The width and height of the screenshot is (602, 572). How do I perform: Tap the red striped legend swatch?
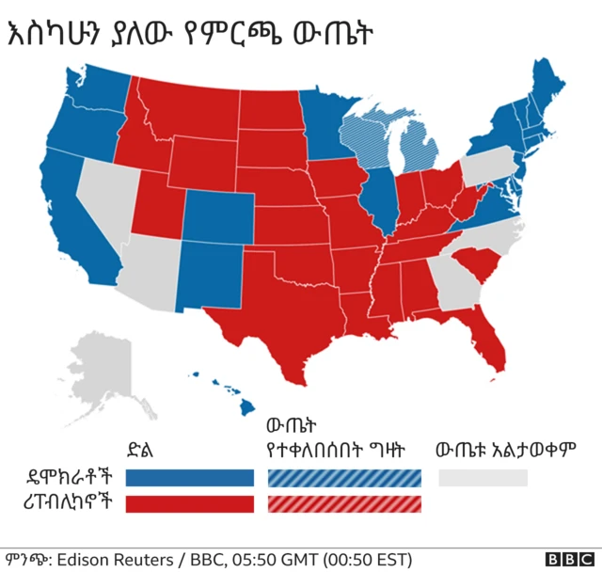click(346, 503)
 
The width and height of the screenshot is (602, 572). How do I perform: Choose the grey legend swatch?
click(483, 479)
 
